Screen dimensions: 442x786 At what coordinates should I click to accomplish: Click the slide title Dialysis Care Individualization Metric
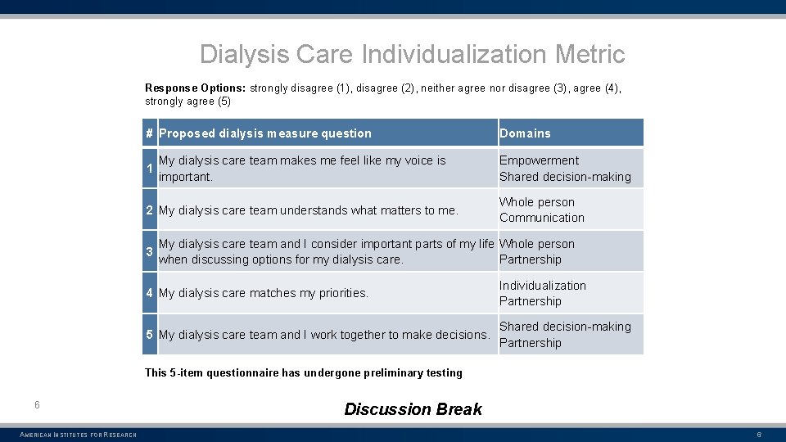[412, 55]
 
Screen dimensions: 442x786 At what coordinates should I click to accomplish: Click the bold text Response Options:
[196, 88]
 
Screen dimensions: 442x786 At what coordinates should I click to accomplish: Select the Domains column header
[525, 133]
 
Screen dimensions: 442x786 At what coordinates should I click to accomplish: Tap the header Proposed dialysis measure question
[264, 133]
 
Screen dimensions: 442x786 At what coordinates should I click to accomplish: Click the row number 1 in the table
[149, 169]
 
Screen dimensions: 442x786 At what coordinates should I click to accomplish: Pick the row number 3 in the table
[149, 251]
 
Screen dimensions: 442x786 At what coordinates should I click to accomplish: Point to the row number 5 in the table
[149, 335]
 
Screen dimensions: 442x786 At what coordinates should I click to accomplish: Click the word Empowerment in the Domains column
[539, 160]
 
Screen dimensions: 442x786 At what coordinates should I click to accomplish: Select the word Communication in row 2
[541, 218]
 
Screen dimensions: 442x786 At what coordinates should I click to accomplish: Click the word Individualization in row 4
[542, 286]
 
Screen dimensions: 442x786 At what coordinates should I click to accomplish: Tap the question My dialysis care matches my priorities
[263, 293]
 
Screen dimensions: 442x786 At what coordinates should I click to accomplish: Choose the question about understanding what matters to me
[308, 210]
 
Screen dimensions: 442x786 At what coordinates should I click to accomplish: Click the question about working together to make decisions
[324, 335]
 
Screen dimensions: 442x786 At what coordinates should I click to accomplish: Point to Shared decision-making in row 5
[565, 327]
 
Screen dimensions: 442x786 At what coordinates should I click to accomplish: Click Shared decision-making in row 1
[565, 177]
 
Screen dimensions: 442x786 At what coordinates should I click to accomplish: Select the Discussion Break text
[413, 409]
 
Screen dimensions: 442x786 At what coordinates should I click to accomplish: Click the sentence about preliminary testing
[303, 372]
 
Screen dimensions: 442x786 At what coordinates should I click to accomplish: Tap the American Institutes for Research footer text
[78, 435]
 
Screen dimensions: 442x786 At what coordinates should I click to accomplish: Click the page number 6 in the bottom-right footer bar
[758, 435]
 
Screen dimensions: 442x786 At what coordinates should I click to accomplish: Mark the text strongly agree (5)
[187, 101]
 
